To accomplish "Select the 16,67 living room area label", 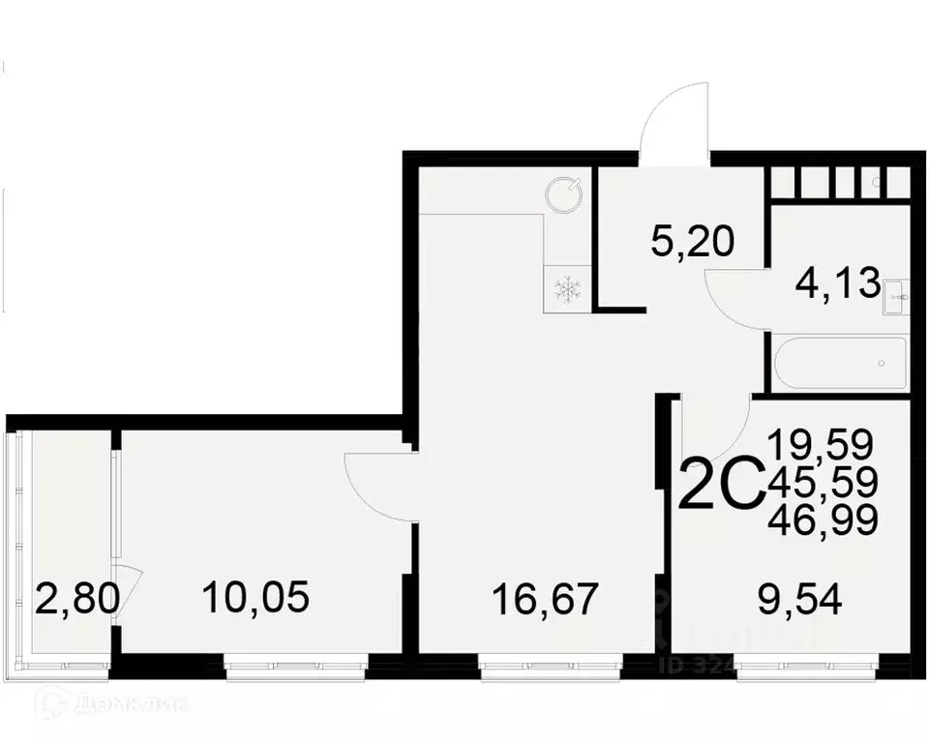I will click(x=547, y=599).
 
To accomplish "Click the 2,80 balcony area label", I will click(x=77, y=599).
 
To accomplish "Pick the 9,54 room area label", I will click(x=798, y=599).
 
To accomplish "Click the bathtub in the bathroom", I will click(x=840, y=364).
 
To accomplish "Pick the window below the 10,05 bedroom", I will click(x=295, y=665).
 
